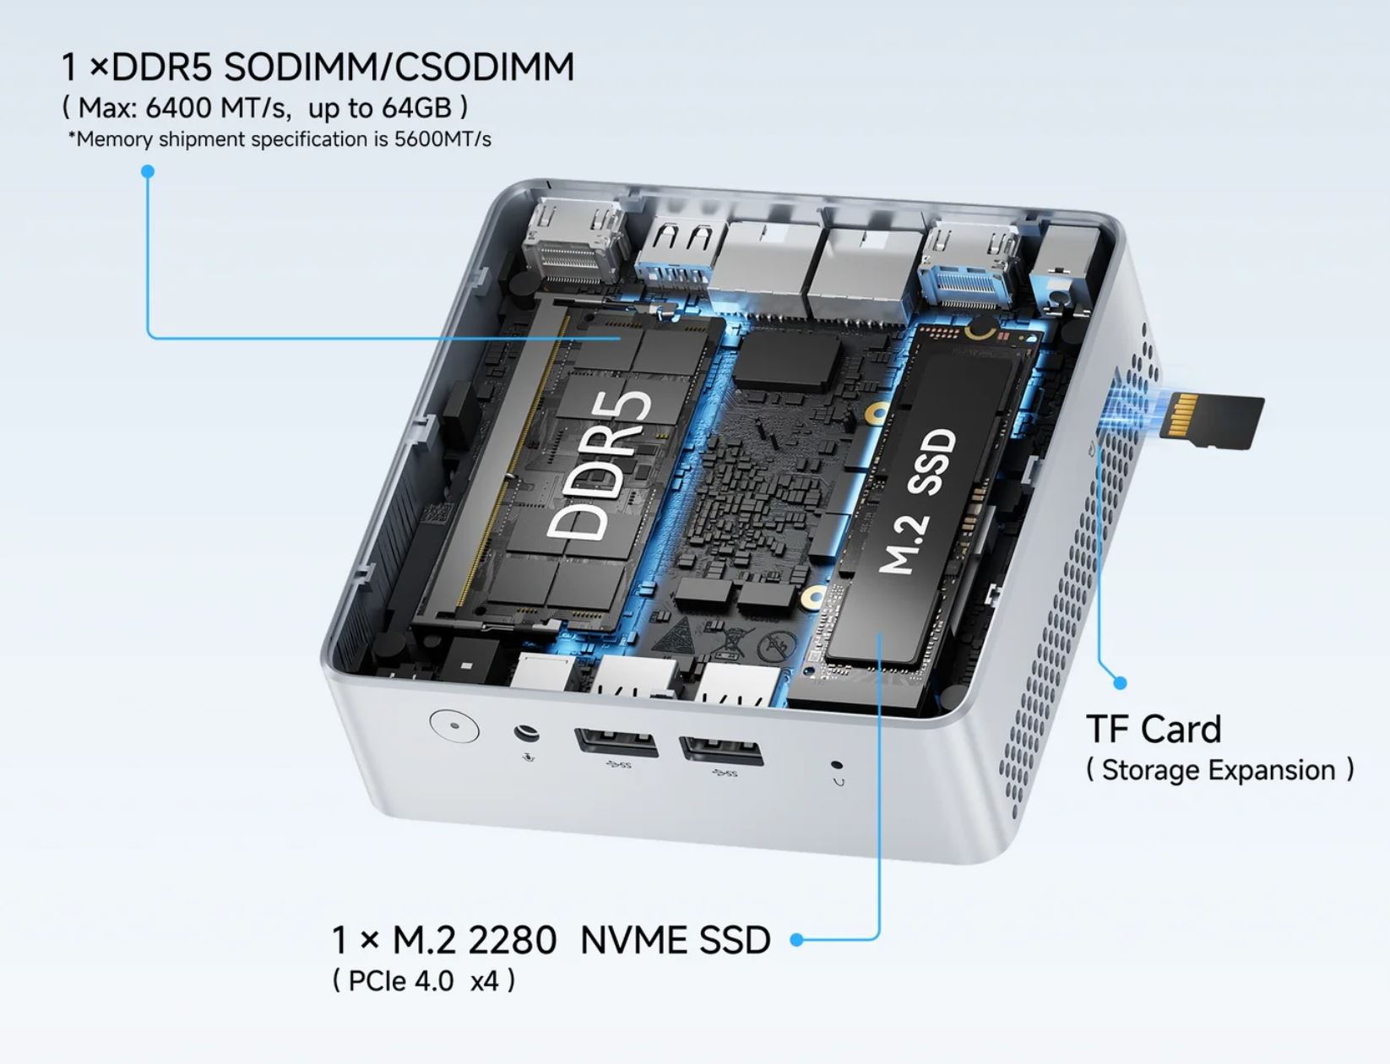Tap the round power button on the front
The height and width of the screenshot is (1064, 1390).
click(x=454, y=725)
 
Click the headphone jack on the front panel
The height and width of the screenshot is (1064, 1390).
click(x=526, y=733)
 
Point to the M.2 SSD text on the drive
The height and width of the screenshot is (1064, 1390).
click(x=919, y=501)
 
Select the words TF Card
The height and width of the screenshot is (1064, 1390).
click(x=1154, y=729)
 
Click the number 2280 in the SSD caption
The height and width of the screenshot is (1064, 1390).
click(x=513, y=940)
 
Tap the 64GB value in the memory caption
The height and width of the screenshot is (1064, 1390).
click(x=417, y=107)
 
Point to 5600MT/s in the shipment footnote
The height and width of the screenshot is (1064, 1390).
click(x=443, y=138)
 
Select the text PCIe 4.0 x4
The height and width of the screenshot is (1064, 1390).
click(x=423, y=981)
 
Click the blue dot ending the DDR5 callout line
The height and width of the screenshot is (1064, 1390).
click(x=148, y=171)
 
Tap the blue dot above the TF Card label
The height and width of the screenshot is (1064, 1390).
click(x=1120, y=683)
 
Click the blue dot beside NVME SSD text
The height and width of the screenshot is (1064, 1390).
click(x=797, y=939)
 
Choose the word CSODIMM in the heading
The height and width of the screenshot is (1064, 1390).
click(x=484, y=67)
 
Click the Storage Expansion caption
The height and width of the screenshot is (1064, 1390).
click(x=1219, y=770)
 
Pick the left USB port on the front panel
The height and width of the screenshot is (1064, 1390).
click(x=616, y=741)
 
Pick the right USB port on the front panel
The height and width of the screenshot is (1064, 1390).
click(x=721, y=750)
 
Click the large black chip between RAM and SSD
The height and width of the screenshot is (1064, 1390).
click(x=788, y=359)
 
